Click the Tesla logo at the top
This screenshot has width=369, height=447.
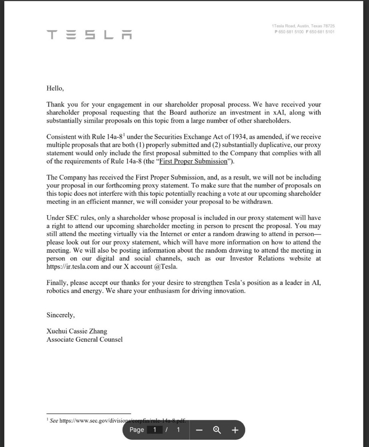coord(89,35)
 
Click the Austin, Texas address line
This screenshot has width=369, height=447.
coord(303,26)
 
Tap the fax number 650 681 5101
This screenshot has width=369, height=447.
coord(322,32)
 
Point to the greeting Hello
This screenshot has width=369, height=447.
coord(55,88)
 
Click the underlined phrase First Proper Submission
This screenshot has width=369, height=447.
coord(193,161)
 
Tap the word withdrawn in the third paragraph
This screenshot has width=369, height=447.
coord(258,201)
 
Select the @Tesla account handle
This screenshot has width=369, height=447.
coord(166,266)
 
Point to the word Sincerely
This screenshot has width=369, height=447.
coord(60,315)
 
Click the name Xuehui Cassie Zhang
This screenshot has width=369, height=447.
coord(77,331)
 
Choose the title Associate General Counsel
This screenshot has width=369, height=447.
coord(84,339)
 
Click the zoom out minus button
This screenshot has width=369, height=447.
coord(200,430)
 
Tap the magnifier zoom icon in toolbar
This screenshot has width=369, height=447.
coord(217,430)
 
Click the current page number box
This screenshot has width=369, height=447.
coord(155,430)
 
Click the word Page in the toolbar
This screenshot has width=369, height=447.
coord(136,430)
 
